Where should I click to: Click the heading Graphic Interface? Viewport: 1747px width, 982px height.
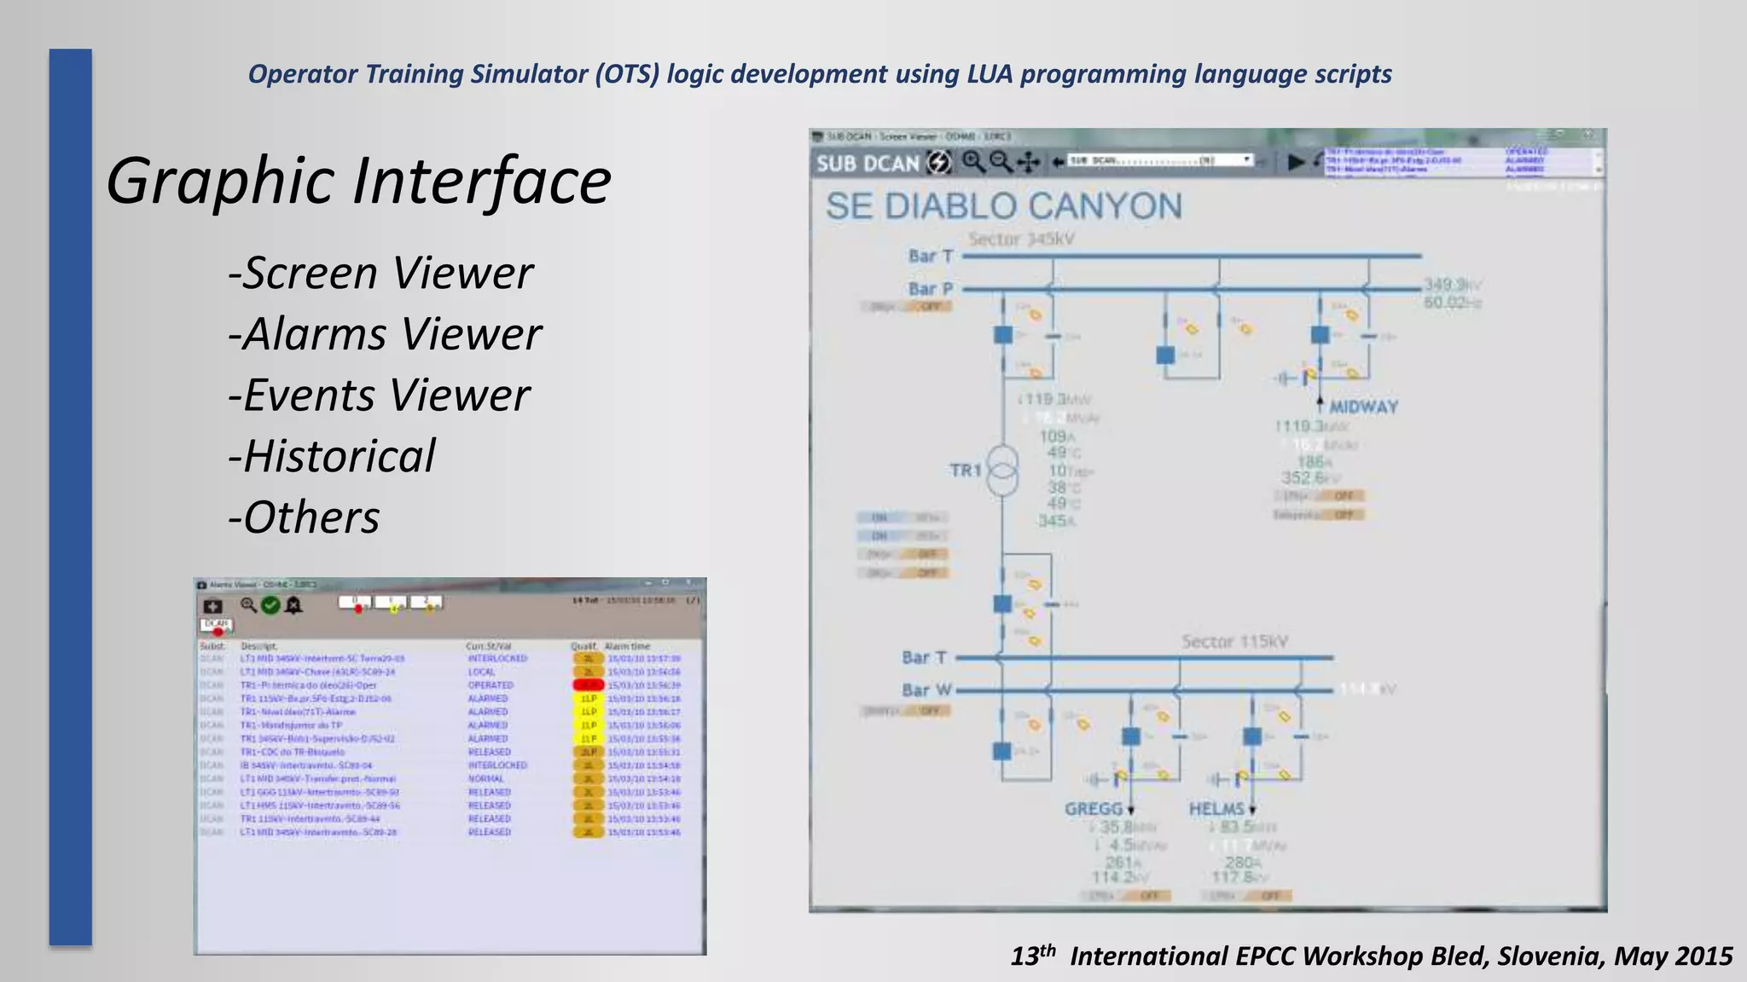coord(358,181)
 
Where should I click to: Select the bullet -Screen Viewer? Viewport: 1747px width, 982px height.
coord(380,274)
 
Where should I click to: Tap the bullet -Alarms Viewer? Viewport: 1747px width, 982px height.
coord(385,334)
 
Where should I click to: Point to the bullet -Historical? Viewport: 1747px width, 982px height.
coord(332,456)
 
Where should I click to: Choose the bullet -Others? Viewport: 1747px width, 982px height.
coord(304,517)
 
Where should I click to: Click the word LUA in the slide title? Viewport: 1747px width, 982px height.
coord(990,74)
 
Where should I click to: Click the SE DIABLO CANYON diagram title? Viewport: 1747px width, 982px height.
coord(1003,206)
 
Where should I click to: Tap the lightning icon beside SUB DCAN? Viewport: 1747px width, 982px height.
coord(939,162)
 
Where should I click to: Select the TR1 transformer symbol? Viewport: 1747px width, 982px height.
coord(1002,470)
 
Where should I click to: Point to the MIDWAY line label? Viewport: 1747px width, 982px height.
coord(1363,407)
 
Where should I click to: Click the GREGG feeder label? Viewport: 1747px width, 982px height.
coord(1093,809)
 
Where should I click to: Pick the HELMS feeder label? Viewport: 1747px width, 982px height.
coord(1216,809)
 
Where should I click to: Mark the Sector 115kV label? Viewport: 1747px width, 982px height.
coord(1234,641)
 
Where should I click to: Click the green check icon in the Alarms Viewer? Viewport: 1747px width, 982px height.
coord(270,605)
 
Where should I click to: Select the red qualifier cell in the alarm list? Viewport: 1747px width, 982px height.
coord(588,685)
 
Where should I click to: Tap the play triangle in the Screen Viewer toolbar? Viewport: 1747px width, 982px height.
coord(1296,161)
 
